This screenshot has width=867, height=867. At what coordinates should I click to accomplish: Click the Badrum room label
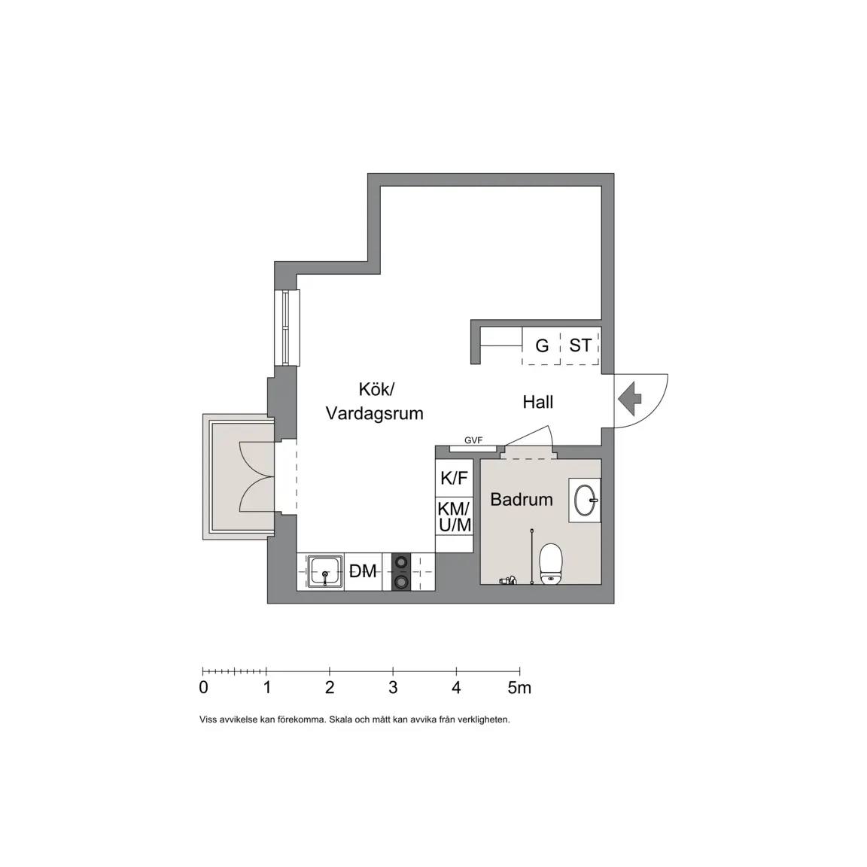point(522,499)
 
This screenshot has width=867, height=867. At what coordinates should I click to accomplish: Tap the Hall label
point(538,402)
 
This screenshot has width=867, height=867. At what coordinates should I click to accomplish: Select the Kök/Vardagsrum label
point(374,401)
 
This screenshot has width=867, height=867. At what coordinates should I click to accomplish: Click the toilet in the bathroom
point(550,564)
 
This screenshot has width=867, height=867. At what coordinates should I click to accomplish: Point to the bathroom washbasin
point(585,500)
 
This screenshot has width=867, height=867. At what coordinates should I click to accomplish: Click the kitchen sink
point(324,572)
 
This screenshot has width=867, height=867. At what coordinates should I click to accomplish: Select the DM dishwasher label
point(363,571)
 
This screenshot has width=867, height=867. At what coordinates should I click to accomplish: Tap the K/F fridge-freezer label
point(454,478)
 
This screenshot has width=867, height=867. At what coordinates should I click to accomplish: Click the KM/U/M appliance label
point(454,516)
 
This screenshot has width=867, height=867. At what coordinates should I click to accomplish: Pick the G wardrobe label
point(542,345)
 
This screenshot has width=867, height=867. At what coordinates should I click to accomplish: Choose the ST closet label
point(580,345)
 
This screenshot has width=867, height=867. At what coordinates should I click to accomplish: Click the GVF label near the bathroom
point(473,440)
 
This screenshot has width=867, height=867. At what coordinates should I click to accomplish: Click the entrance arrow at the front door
point(628,397)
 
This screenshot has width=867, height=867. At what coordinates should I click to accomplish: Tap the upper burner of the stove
point(401,562)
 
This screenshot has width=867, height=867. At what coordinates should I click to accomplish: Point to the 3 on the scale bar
point(393,687)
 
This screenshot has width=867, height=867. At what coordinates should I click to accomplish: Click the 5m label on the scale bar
point(519,687)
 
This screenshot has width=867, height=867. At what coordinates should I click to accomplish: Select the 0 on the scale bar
point(203,687)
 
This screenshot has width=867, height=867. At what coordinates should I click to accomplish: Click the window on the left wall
point(287,327)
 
